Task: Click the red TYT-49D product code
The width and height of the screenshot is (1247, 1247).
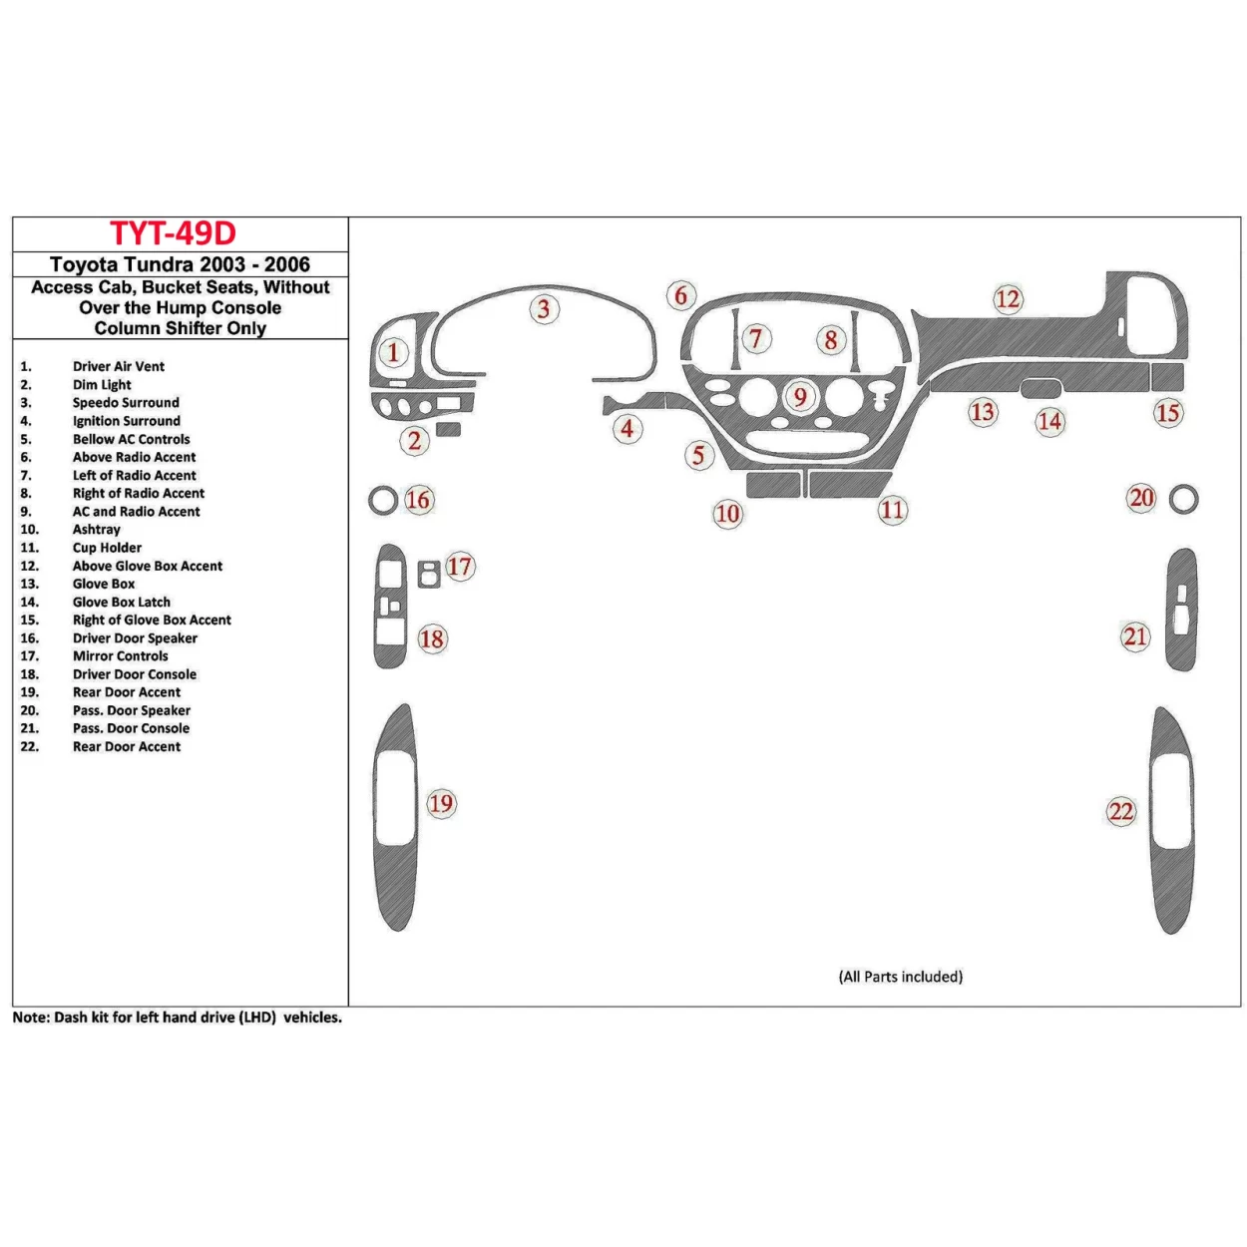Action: [173, 233]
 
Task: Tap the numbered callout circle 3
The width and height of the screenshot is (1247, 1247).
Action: [544, 308]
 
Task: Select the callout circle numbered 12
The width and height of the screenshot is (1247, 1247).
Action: [1008, 298]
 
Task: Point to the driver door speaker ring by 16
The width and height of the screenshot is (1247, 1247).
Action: [382, 500]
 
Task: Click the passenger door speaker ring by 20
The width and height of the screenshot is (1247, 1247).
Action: [1183, 499]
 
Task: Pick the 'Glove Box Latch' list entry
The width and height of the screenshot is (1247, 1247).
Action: [121, 602]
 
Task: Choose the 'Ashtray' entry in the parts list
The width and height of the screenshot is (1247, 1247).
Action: [96, 530]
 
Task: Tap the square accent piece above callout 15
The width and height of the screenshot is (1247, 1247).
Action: [1167, 377]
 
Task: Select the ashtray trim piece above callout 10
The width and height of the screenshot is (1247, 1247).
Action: [773, 485]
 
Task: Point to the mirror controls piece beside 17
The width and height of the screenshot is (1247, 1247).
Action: [429, 575]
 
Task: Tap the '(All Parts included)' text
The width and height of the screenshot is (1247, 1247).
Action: [900, 977]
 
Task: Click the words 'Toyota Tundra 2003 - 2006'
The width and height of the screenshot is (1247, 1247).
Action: [180, 264]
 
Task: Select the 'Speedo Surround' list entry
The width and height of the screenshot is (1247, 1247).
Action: [126, 403]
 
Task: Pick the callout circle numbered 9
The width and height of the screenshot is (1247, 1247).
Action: [800, 397]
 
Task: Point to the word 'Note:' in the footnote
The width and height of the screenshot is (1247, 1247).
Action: [31, 1018]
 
